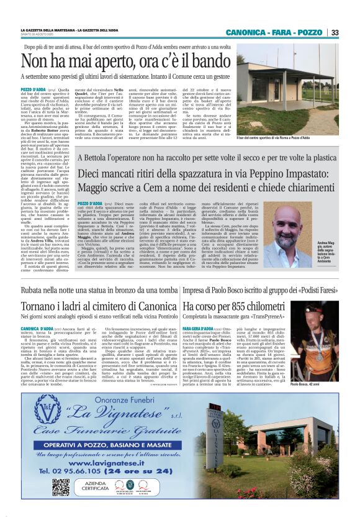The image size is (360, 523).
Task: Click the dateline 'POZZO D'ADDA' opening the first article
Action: [35, 90]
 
